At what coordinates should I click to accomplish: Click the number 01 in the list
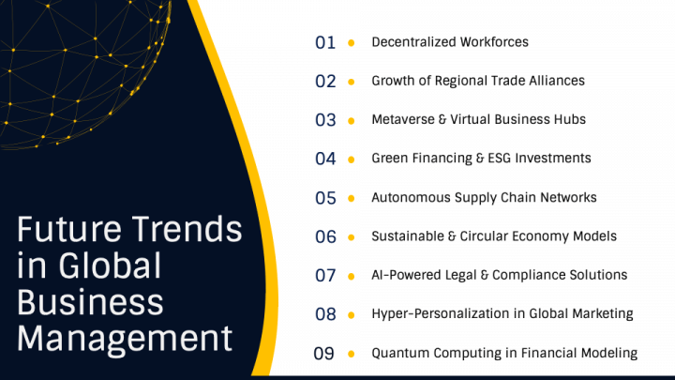[325, 42]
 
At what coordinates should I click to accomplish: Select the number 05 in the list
[325, 198]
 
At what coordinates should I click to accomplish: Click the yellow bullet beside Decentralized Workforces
[351, 42]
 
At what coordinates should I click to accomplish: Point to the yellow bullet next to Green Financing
[351, 159]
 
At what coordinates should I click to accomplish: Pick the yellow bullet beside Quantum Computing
[351, 354]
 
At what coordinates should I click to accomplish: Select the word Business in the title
[91, 301]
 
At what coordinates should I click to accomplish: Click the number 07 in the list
[325, 276]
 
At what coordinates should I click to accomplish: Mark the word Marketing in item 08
[601, 314]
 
